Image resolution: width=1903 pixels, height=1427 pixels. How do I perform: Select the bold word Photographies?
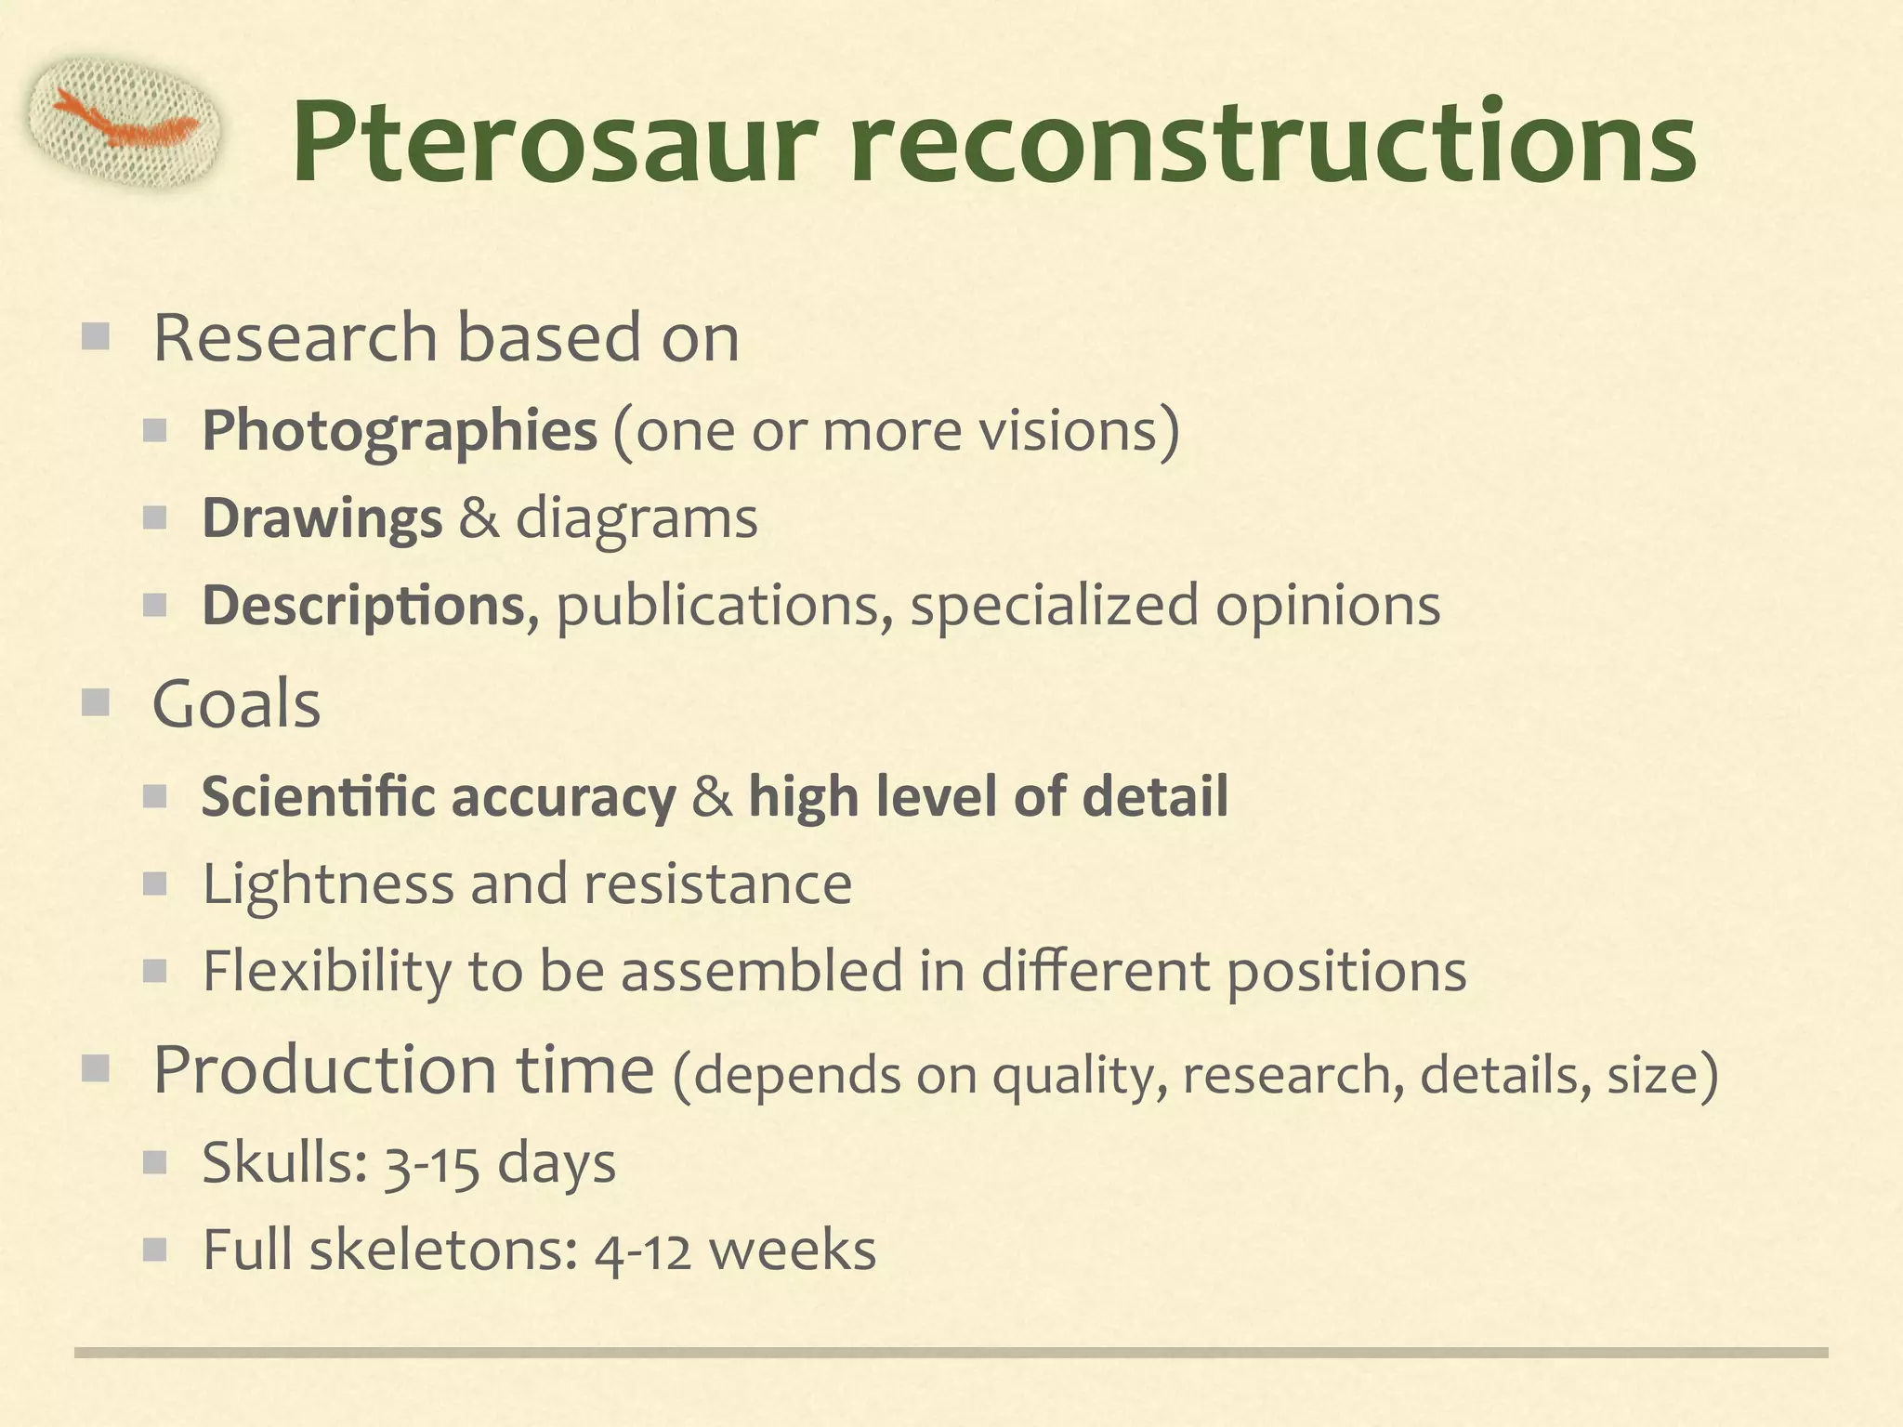coord(400,431)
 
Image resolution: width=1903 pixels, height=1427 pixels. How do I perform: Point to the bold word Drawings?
coord(322,518)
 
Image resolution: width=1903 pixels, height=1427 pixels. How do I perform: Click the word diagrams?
coord(637,518)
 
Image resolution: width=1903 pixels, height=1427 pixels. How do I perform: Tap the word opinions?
coord(1328,606)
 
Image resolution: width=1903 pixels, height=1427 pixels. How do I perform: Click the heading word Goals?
coord(236,704)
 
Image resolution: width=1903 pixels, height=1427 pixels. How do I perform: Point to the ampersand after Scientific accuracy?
coord(712,797)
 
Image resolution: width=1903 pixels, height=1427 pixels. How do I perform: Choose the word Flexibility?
coord(326,972)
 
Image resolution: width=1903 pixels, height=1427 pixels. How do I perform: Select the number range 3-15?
coord(432,1163)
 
